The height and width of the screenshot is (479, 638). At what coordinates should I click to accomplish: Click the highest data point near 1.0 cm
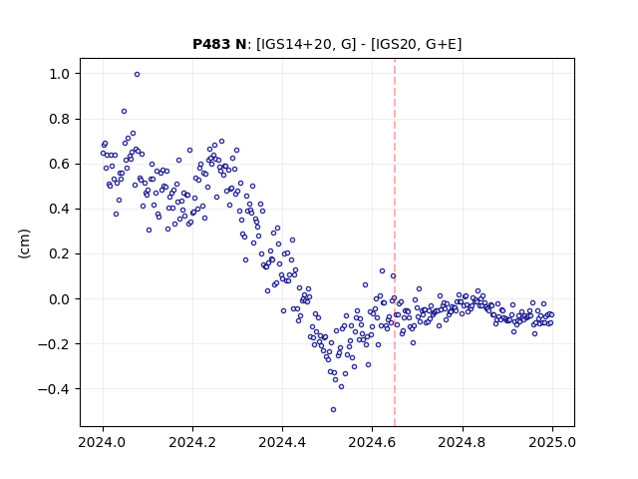pos(138,75)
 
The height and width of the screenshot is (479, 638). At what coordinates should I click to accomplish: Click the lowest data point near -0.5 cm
pos(333,410)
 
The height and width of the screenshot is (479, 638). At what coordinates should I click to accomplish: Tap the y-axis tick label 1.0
pos(60,74)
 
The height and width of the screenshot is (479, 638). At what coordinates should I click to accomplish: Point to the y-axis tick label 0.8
pos(60,119)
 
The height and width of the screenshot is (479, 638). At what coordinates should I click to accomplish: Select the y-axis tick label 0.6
pos(60,164)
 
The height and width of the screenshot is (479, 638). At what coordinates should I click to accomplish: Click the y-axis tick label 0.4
pos(60,209)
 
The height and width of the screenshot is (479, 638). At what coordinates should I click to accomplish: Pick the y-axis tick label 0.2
pos(60,253)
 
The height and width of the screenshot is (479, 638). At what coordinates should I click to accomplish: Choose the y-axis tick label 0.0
pos(60,299)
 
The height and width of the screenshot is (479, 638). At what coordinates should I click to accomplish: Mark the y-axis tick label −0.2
pos(54,344)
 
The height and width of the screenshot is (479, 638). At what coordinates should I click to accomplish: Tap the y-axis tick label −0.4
pos(54,389)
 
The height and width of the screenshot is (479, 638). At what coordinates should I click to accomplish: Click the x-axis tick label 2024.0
pos(103,442)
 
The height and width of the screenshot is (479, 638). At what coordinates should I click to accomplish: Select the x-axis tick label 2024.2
pos(192,442)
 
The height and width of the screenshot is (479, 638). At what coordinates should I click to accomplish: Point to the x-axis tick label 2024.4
pos(282,442)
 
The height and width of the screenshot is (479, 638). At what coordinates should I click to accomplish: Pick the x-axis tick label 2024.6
pos(372,442)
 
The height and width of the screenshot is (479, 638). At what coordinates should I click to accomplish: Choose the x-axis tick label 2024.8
pos(463,442)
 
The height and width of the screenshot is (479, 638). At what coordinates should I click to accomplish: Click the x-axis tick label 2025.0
pos(552,442)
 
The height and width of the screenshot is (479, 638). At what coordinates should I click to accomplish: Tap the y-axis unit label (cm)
pos(24,242)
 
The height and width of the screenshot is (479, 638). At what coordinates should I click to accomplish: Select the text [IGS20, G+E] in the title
pos(417,44)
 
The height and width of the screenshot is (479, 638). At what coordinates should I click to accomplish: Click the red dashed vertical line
pos(395,242)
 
